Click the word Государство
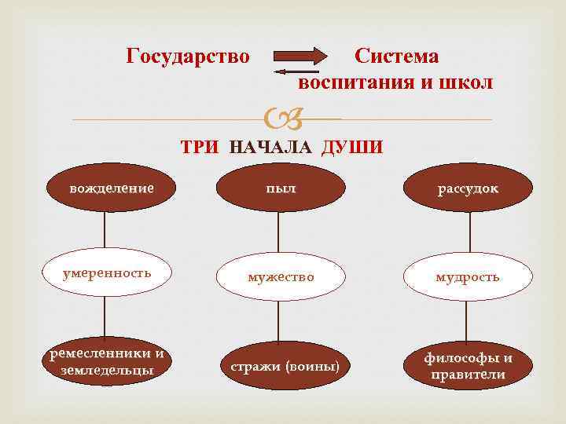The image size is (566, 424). coord(188,57)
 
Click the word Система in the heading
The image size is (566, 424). coord(396,57)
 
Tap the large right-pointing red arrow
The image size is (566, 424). coord(302,56)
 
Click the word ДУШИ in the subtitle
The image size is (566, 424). coord(352,147)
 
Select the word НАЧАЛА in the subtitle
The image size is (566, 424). coord(272,147)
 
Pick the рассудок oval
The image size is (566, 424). coord(469,189)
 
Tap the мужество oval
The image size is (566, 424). coord(281,277)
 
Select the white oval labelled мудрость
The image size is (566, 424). coord(469,277)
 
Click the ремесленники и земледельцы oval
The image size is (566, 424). coord(107,362)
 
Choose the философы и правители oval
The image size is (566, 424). coord(469,366)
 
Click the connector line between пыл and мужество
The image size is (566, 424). coord(278,232)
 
